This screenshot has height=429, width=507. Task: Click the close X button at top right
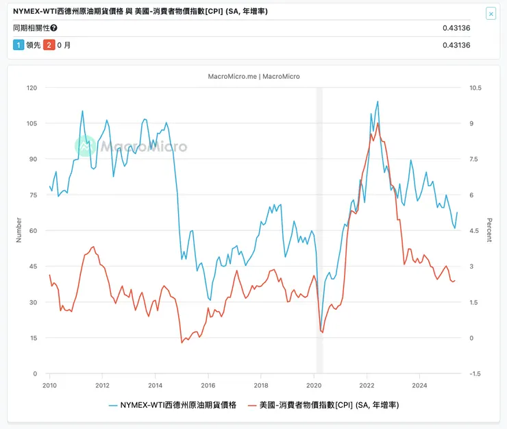pyautogui.click(x=491, y=14)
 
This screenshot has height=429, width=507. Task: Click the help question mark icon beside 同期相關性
pyautogui.click(x=54, y=28)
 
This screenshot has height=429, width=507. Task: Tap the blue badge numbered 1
pyautogui.click(x=18, y=45)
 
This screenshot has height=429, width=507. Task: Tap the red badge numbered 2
pyautogui.click(x=48, y=45)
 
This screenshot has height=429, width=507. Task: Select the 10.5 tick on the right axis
pyautogui.click(x=474, y=88)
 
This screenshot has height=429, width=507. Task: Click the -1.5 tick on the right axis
pyautogui.click(x=474, y=374)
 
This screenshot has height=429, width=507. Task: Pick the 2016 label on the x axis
pyautogui.click(x=208, y=385)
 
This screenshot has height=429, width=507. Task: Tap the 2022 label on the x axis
pyautogui.click(x=367, y=385)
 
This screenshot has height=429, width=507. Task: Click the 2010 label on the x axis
pyautogui.click(x=49, y=385)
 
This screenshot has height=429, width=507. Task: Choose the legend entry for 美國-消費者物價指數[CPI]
pyautogui.click(x=322, y=405)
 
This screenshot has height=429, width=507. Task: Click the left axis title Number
pyautogui.click(x=18, y=230)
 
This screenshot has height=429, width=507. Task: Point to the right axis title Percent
pyautogui.click(x=489, y=230)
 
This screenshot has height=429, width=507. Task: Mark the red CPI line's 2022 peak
pyautogui.click(x=378, y=123)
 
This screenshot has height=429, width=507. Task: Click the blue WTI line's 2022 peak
pyautogui.click(x=378, y=101)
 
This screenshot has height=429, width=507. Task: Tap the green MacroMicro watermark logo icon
pyautogui.click(x=86, y=145)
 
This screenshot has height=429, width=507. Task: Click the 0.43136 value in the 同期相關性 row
pyautogui.click(x=456, y=28)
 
